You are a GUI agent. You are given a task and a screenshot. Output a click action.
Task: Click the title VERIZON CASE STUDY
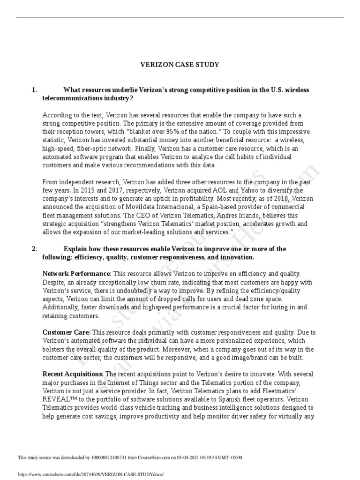pyautogui.click(x=180, y=65)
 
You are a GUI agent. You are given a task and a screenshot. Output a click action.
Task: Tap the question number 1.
pyautogui.click(x=34, y=90)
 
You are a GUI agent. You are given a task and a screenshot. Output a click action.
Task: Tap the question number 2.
pyautogui.click(x=34, y=249)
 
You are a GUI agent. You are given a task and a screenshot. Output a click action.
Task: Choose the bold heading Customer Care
pyautogui.click(x=66, y=332)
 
